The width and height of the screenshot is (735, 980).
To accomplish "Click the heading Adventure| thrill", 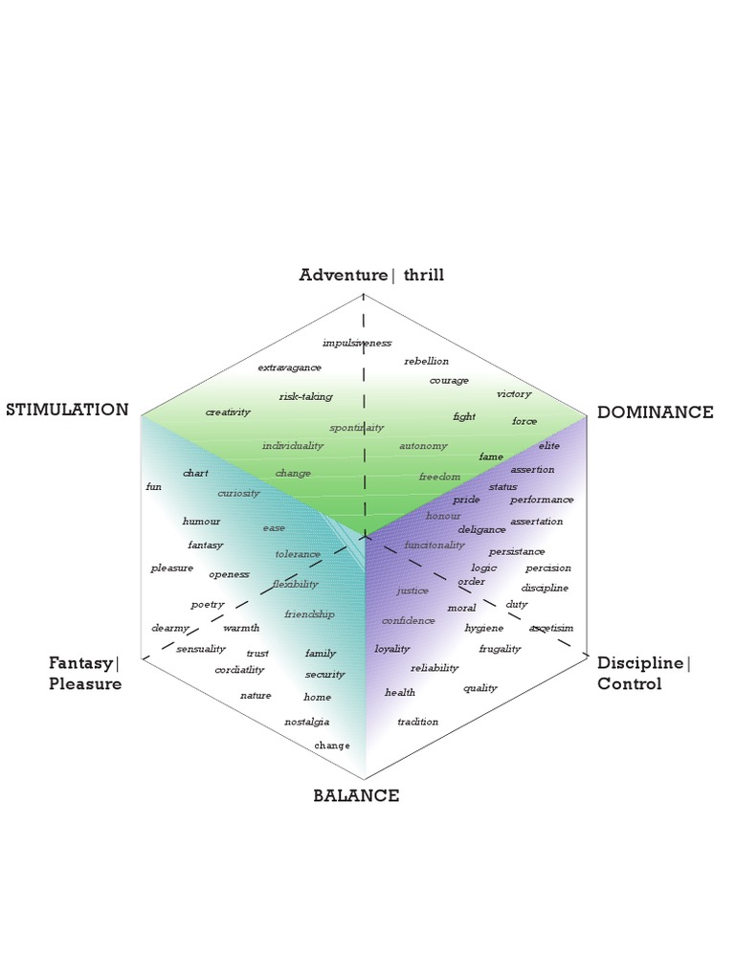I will point(371,276).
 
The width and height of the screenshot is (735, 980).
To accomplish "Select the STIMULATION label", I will point(67,410).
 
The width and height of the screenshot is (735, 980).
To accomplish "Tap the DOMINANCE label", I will point(656,412).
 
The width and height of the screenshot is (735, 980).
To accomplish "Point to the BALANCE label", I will point(356,795).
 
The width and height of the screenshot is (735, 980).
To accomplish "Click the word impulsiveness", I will point(357,343).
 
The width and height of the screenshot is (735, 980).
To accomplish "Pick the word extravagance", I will point(289,367).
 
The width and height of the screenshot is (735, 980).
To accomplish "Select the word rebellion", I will point(426,361).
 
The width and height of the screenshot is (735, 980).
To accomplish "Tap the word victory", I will point(514,394).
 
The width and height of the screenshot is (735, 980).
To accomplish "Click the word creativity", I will point(228,412).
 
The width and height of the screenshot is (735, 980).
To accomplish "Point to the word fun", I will point(153,487).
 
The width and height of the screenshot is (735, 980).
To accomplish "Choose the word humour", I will point(201,522).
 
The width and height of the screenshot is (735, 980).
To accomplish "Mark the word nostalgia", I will point(306,722).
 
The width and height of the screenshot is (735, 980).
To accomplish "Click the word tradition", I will point(418,722).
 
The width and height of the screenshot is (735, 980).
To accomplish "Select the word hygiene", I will point(483,628).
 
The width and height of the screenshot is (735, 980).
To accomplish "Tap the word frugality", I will point(500,649).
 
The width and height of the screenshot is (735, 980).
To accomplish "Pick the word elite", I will point(549,446).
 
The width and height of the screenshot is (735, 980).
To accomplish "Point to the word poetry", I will point(208,605).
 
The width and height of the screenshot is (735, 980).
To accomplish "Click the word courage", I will point(449,380).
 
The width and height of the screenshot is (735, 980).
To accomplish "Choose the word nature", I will point(256,696).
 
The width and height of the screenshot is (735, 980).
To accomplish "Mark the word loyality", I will point(392,649).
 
